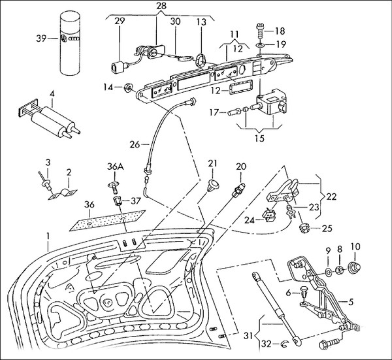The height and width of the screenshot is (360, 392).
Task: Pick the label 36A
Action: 115,167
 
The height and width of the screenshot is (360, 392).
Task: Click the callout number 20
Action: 241,167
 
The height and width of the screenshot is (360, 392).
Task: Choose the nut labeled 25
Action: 303,229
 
